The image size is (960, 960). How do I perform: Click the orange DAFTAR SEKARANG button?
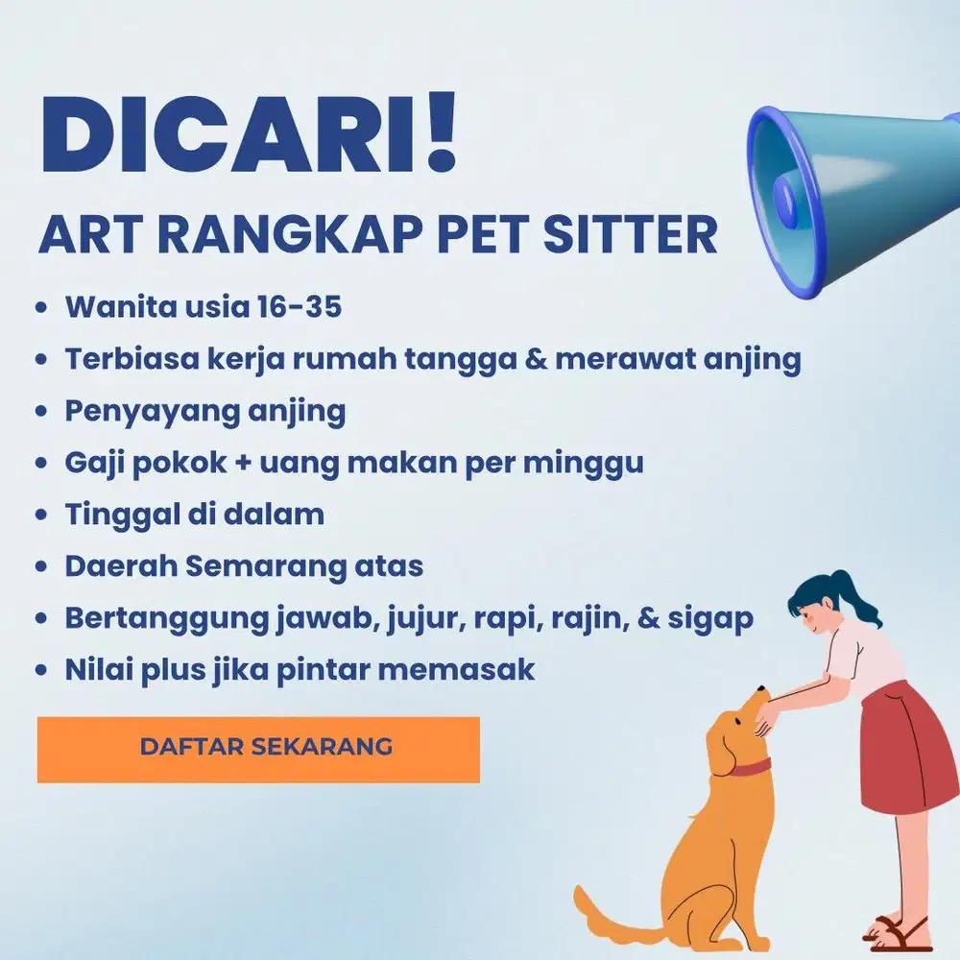pos(257,748)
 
